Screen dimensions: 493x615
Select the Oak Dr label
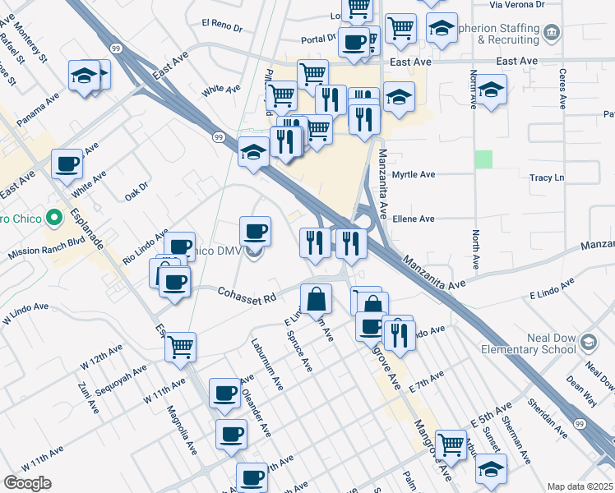[136, 191]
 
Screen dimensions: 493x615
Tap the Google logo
[27, 482]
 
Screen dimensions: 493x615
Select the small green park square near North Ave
[484, 159]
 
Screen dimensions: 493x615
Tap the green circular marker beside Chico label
[54, 219]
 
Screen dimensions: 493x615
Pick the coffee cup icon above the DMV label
[255, 231]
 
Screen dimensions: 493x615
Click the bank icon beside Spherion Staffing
[552, 33]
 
